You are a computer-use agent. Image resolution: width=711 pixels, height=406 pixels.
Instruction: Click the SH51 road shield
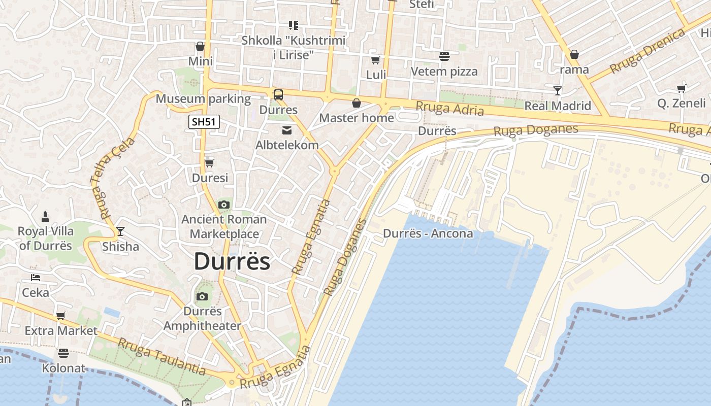[x=204, y=122]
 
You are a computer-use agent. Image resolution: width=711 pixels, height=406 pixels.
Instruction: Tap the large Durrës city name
[x=232, y=261]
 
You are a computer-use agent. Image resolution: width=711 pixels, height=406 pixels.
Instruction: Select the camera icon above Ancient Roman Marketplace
[x=223, y=205]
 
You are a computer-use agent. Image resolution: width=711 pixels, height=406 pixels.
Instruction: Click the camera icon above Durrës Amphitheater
[x=202, y=296]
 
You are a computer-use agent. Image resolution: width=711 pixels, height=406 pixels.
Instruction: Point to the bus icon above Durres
[x=278, y=94]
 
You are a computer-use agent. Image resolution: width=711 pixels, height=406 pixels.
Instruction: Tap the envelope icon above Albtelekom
[x=287, y=130]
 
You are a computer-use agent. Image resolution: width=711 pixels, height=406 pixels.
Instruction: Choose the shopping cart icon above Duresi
[x=209, y=163]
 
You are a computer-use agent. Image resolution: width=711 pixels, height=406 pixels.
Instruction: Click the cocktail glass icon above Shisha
[x=120, y=231]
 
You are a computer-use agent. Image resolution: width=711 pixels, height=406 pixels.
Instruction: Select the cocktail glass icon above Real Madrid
[x=558, y=91]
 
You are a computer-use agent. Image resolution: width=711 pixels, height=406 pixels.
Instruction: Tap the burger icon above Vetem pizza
[x=444, y=56]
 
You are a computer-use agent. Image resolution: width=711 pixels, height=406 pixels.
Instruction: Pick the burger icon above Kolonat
[x=63, y=353]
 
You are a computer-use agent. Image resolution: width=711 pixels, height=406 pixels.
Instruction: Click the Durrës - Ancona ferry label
[x=428, y=233]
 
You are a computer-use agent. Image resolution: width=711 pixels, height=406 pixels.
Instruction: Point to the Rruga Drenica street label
[x=648, y=51]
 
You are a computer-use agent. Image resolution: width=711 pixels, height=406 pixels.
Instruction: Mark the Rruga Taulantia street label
[x=162, y=357]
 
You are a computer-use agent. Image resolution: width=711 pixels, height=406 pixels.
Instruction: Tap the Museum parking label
[x=203, y=99]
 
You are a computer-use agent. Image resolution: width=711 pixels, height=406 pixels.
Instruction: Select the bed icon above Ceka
[x=36, y=278]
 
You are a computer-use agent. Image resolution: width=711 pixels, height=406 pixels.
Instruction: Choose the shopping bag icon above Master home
[x=357, y=103]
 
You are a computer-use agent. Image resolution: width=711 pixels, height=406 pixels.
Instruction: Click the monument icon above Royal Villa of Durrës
[x=45, y=217]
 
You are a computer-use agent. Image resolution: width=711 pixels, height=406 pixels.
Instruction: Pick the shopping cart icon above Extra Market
[x=61, y=316]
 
